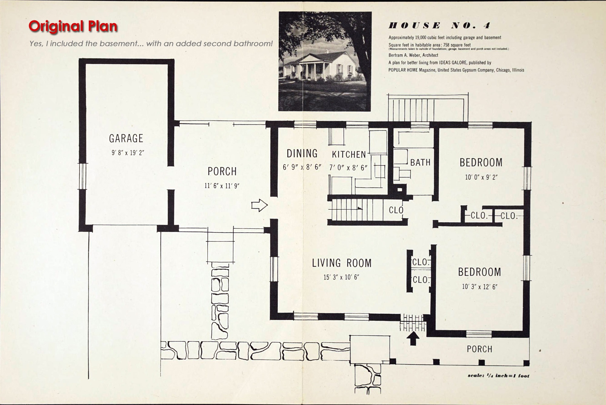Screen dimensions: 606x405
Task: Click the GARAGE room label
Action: (x=126, y=138)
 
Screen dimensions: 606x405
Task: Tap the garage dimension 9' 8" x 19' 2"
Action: (x=128, y=153)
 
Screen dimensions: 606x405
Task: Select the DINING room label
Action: (x=302, y=154)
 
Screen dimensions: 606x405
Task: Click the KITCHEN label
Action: (x=349, y=154)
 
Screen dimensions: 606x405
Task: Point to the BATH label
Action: (x=420, y=162)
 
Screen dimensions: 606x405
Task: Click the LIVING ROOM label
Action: (x=342, y=263)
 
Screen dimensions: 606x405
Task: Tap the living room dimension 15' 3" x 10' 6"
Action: (x=341, y=277)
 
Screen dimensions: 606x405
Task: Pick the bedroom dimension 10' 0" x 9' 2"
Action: (x=481, y=177)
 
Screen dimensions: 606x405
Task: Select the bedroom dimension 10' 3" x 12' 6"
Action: (x=480, y=287)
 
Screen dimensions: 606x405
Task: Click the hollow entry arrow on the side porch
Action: (x=260, y=206)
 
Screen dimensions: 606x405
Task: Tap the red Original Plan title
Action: (x=73, y=26)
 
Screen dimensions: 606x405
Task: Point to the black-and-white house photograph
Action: (x=325, y=61)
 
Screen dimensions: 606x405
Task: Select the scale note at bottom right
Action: (x=498, y=376)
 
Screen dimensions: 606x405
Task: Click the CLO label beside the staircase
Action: (x=396, y=210)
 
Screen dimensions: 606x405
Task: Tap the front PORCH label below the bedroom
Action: (x=479, y=349)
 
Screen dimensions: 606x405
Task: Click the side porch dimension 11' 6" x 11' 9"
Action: (x=222, y=186)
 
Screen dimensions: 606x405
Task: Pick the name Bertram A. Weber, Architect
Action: (x=413, y=55)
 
